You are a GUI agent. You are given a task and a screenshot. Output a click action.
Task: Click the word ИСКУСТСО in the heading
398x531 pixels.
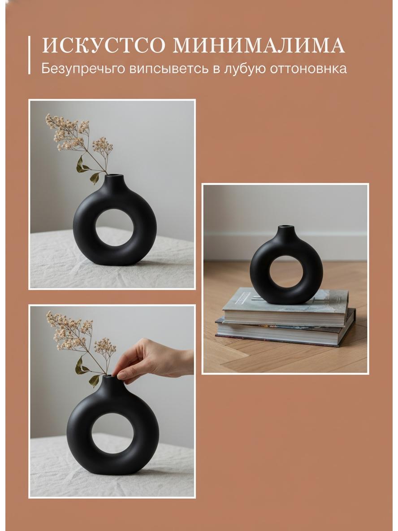coord(104,46)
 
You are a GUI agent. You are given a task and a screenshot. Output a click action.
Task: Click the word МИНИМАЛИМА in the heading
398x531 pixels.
coord(259,46)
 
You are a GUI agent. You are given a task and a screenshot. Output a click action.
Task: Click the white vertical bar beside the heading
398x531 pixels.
coord(30,55)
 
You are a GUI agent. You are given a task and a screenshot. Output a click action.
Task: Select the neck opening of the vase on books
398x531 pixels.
coord(286,226)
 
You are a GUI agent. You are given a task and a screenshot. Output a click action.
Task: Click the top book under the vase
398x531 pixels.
coord(286,306)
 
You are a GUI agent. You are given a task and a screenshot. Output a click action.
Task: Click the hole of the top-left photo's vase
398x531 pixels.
coord(115,227)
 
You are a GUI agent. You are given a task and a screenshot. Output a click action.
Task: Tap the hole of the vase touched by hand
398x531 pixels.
coord(112,433)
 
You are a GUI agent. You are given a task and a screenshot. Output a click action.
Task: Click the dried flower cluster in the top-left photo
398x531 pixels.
coord(78,134)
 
